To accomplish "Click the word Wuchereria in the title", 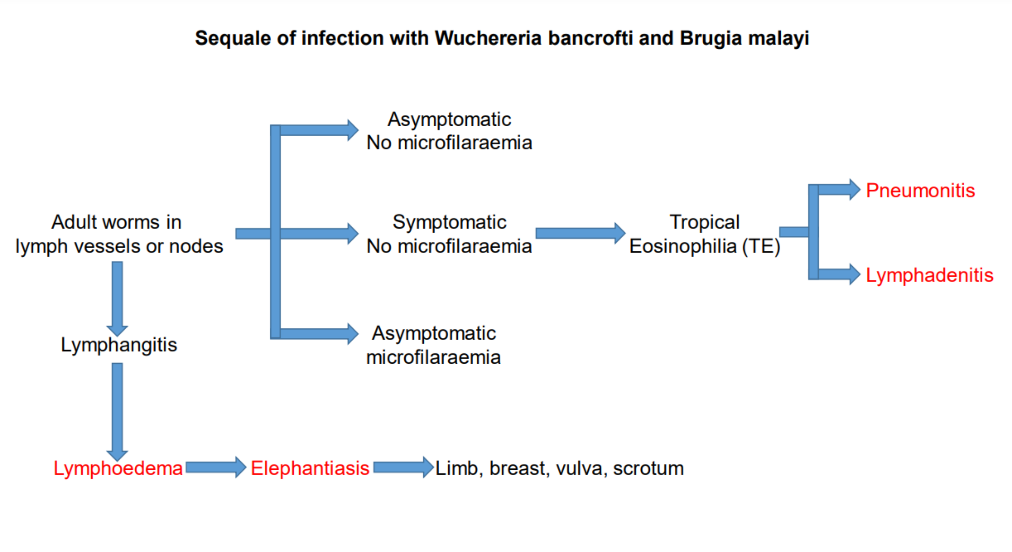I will coord(488,38).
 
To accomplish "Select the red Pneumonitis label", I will coord(920,190).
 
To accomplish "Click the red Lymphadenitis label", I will coord(929,275).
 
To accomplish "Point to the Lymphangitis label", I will coord(119,345).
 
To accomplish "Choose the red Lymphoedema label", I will coord(118,468).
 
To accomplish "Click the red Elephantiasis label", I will coord(310,468).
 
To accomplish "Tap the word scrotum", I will coord(648,468).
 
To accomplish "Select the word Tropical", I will coord(704,222).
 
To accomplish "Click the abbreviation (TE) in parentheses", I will coord(761,246).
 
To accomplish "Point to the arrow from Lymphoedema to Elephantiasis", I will coord(215,467).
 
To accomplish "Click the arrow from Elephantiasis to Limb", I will coord(403,467).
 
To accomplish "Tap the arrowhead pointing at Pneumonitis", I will coord(854,190).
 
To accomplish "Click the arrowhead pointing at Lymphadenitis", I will coord(854,274).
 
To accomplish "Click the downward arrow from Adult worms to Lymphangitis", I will coord(117,297).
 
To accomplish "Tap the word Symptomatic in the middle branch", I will coord(449,222).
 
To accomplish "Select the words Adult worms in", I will coord(116,222).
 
